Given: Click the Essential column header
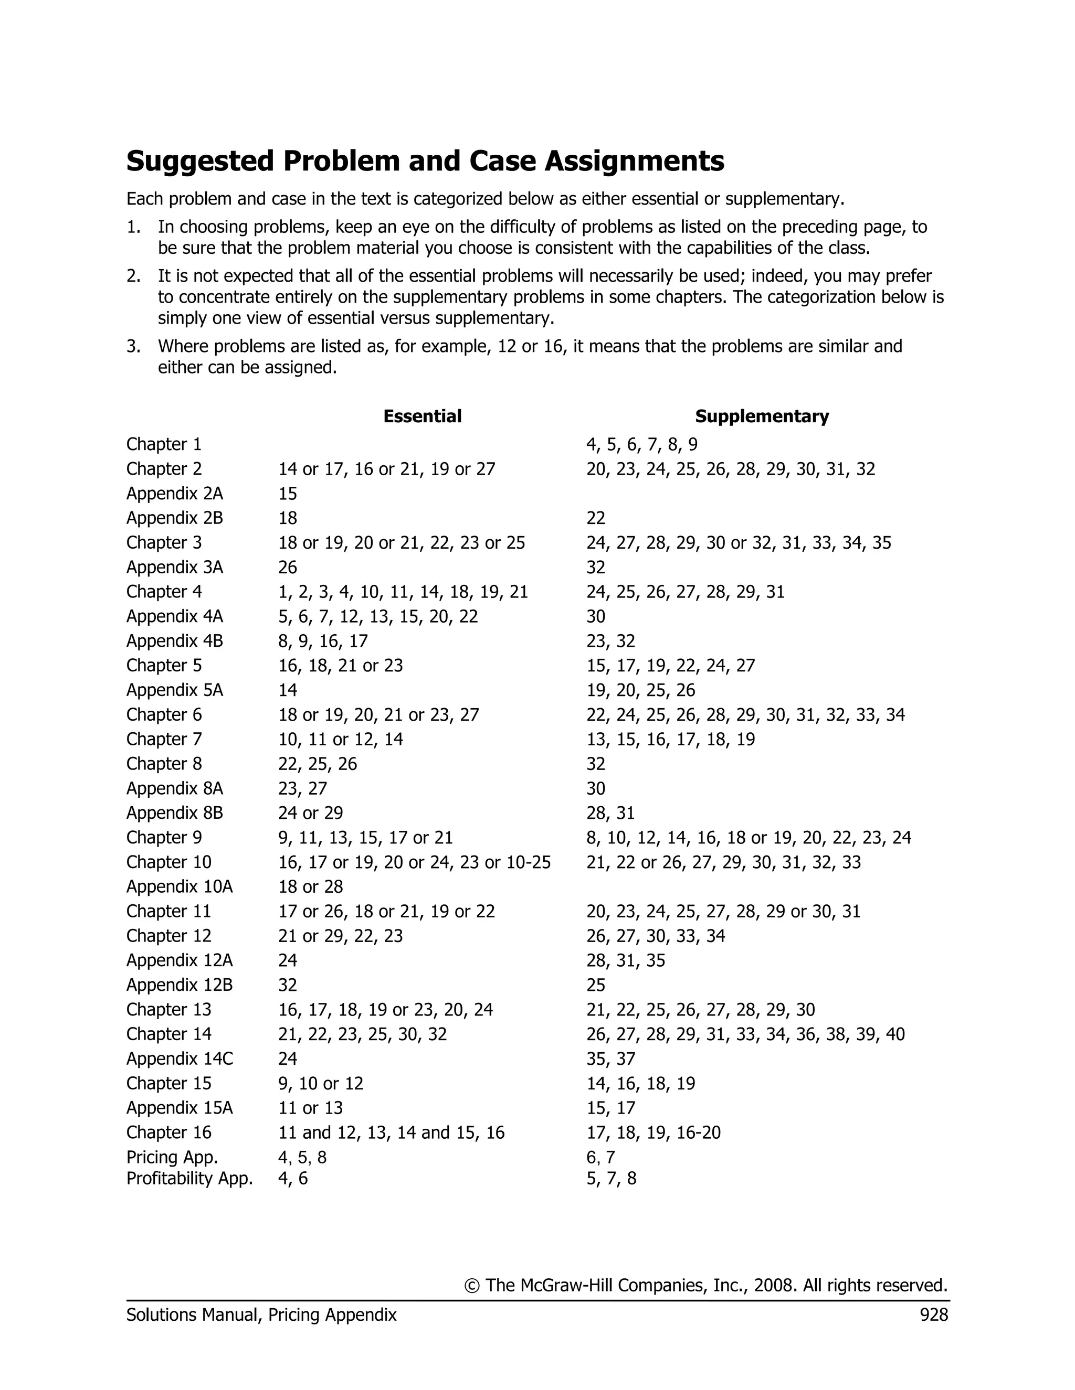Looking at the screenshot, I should click(x=422, y=416).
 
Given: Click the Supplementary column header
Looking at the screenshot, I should click(x=762, y=416).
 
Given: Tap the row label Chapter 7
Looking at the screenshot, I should click(x=164, y=739).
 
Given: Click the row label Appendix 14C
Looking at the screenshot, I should click(x=180, y=1058).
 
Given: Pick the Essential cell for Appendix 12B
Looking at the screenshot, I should click(x=288, y=985).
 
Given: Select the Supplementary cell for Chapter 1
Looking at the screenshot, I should click(x=641, y=444).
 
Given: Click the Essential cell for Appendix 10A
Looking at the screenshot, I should click(x=310, y=886).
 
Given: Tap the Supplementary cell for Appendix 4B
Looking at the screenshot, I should click(x=611, y=641).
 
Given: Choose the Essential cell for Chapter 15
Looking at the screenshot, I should click(x=320, y=1083).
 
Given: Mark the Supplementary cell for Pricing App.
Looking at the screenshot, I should click(x=600, y=1157).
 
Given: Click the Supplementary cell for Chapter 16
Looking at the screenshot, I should click(x=654, y=1132).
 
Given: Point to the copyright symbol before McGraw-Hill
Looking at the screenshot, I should click(x=472, y=1286).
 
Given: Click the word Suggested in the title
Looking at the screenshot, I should click(x=199, y=161).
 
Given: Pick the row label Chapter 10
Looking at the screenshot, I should click(x=169, y=862).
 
